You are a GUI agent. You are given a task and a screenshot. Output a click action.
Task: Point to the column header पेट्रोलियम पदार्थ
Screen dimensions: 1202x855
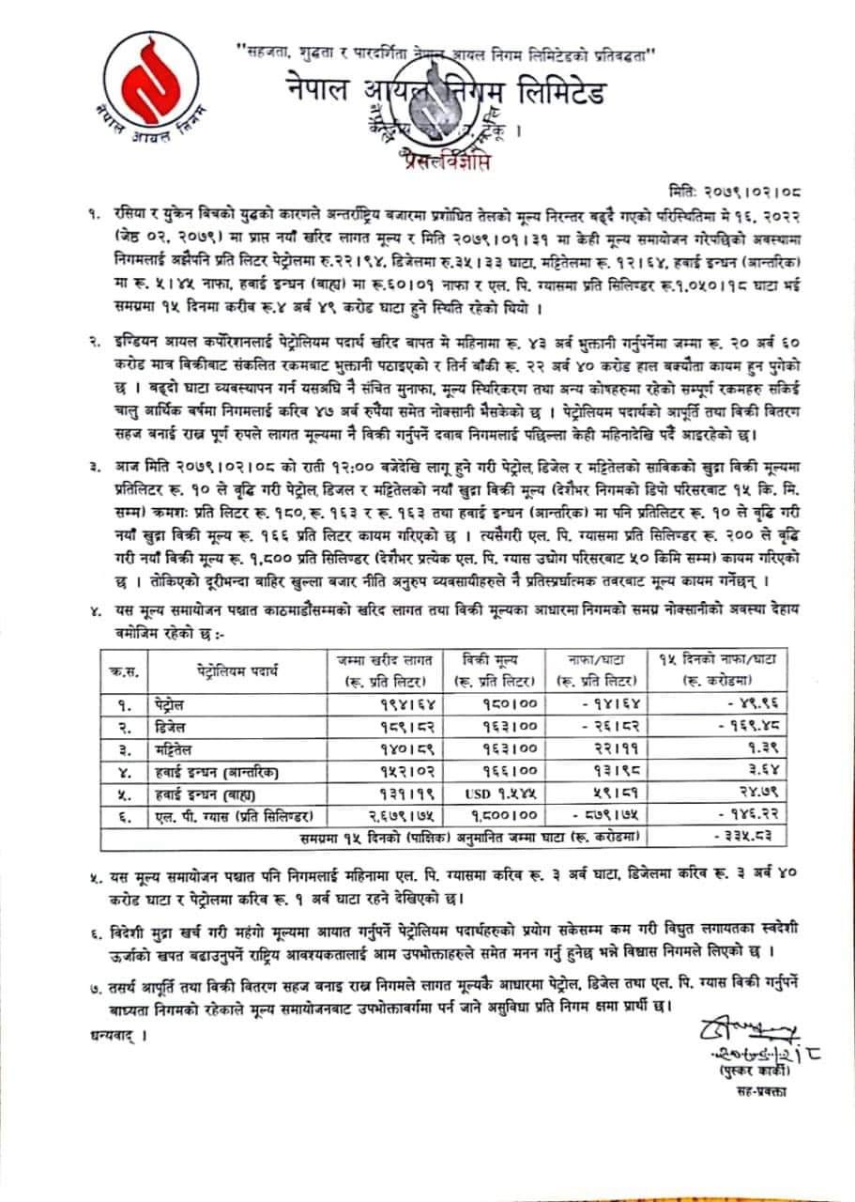click(x=236, y=670)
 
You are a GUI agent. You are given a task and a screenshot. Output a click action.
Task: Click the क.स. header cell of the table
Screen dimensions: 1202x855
click(x=123, y=670)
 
